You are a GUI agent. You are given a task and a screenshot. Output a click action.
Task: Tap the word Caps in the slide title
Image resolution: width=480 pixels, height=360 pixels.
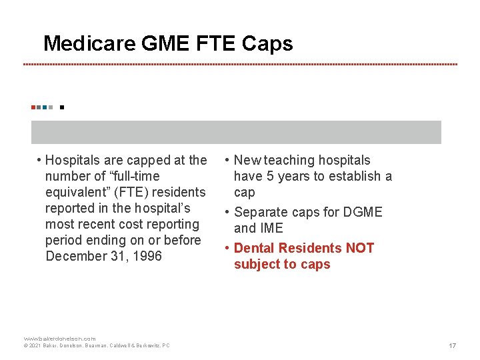coord(267,44)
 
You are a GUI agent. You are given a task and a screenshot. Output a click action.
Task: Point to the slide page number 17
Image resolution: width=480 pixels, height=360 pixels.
coord(452,345)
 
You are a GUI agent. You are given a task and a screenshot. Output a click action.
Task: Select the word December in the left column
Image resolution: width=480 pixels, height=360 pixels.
coord(76,256)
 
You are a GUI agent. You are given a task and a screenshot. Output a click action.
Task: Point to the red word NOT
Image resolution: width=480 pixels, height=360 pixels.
coord(360,248)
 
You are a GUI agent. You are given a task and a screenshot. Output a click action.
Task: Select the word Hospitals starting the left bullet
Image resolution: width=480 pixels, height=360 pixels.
coord(73,160)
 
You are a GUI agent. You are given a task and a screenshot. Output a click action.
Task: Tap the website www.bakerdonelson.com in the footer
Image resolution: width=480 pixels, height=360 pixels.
coord(60,339)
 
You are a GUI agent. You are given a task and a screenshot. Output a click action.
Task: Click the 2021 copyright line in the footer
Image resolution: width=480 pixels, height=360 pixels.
coord(97,345)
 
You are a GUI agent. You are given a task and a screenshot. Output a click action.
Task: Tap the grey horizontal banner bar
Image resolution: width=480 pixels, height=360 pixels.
coord(236,132)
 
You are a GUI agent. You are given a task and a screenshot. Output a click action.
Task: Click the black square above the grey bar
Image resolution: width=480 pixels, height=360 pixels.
coord(61,107)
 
